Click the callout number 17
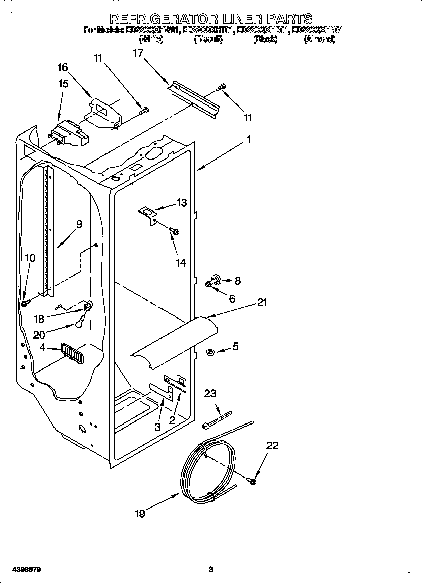[x=138, y=53]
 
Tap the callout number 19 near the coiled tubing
[x=140, y=514]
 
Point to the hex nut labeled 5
[x=211, y=351]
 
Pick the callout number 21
[x=262, y=302]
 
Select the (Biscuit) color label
[x=208, y=39]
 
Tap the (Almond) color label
[x=319, y=39]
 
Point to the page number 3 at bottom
[x=211, y=570]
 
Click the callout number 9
[x=79, y=224]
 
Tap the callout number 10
[x=30, y=258]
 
